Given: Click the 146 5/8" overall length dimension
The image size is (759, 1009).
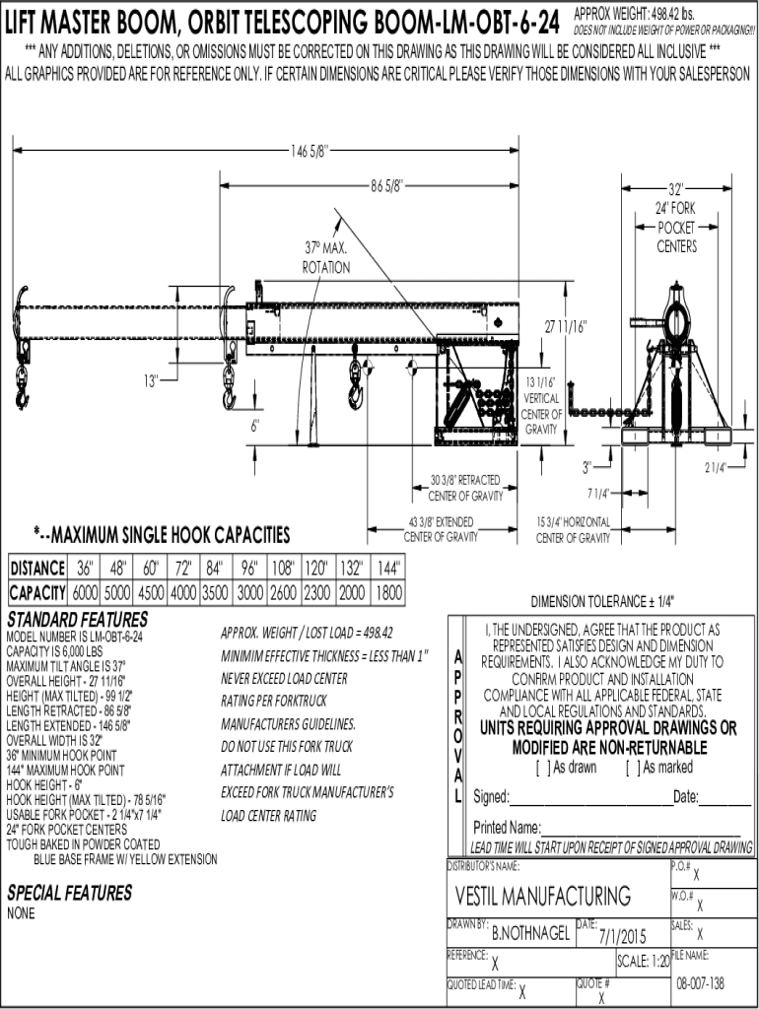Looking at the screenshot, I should pos(309,151).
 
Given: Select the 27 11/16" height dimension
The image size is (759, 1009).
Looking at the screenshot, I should pos(566,327).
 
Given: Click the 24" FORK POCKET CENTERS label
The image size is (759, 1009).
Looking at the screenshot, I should pos(676,227).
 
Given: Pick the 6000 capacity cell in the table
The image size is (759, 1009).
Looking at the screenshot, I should pos(85,593).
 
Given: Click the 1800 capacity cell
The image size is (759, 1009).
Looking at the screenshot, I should pos(389,593).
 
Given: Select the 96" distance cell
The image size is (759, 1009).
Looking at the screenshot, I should pos(248,569).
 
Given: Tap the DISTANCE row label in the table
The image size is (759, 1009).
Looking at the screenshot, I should pos(37,569).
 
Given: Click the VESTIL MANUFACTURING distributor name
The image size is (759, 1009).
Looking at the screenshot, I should pos(543,896).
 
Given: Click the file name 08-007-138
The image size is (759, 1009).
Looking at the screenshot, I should pos(701,984).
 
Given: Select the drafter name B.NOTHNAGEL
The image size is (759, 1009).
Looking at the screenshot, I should pos(530,933).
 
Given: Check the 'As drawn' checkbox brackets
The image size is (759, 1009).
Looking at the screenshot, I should pos(541,768).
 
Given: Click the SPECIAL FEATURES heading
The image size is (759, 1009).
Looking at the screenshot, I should pos(69,893).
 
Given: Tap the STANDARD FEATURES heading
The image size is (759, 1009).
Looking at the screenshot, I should pos(77,620).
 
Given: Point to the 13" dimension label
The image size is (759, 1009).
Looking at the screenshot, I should pos(151,380).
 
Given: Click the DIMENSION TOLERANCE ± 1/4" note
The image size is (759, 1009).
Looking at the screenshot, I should pos(602,602).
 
